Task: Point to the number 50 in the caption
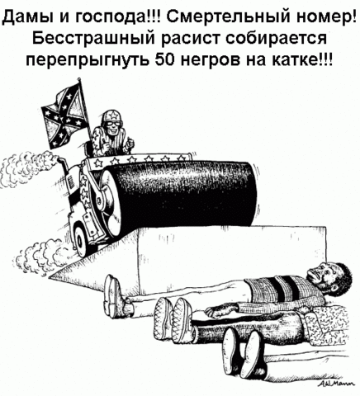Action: coord(164,59)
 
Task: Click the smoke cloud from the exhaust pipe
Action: coord(27,171)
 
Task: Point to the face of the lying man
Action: coord(320,274)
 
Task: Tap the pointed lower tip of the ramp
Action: coord(50,276)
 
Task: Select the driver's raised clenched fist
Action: coord(130,144)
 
